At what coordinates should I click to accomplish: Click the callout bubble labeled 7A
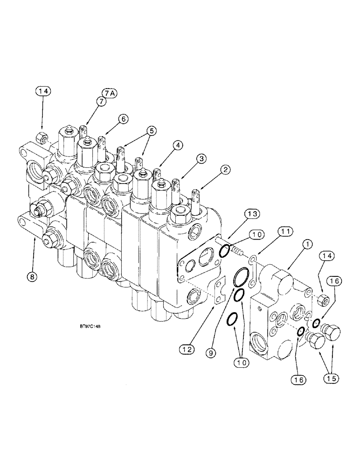(108, 94)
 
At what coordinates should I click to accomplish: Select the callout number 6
(123, 119)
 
